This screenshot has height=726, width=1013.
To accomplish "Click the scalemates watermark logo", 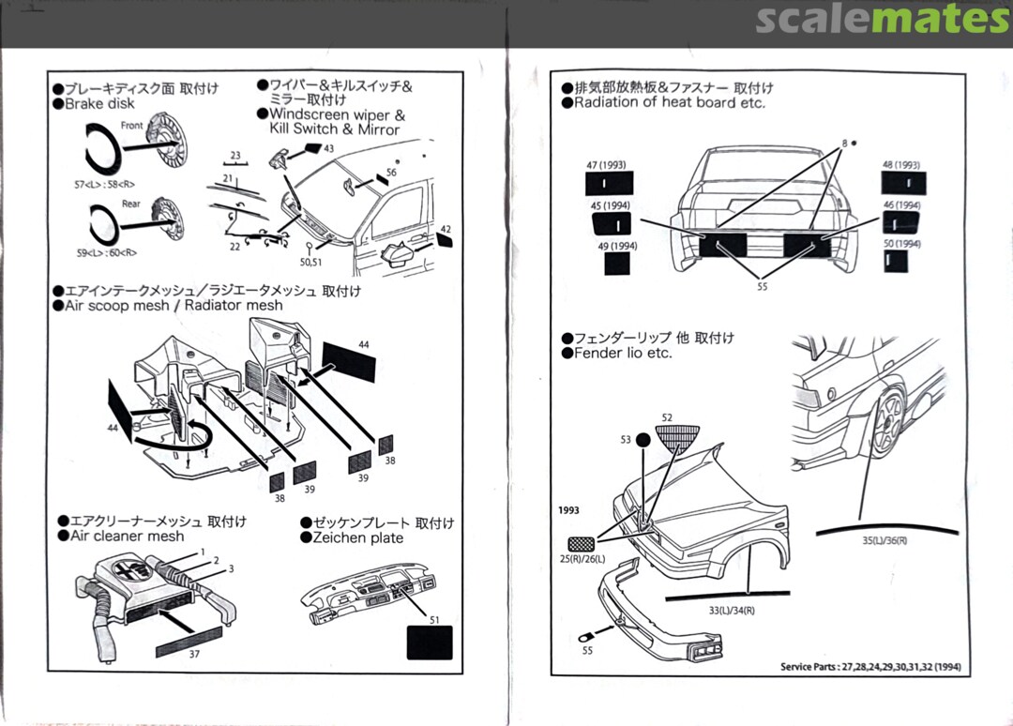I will click(x=881, y=18).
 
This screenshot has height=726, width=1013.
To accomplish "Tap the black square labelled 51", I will click(x=430, y=643).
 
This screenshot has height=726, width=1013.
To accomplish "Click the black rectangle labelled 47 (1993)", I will click(x=609, y=184).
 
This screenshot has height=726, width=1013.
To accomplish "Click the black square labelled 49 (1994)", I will click(x=617, y=263).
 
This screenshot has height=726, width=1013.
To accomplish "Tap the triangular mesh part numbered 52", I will click(x=680, y=438).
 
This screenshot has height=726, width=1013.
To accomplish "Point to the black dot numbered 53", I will click(x=643, y=438).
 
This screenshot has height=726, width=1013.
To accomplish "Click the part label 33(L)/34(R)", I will click(x=733, y=611).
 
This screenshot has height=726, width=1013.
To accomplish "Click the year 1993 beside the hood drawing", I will click(x=568, y=511).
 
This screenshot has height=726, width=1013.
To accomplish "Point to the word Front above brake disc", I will click(x=131, y=126).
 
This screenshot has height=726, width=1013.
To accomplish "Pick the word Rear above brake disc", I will click(x=130, y=204).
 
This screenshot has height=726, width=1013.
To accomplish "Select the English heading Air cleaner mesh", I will click(x=128, y=537).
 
